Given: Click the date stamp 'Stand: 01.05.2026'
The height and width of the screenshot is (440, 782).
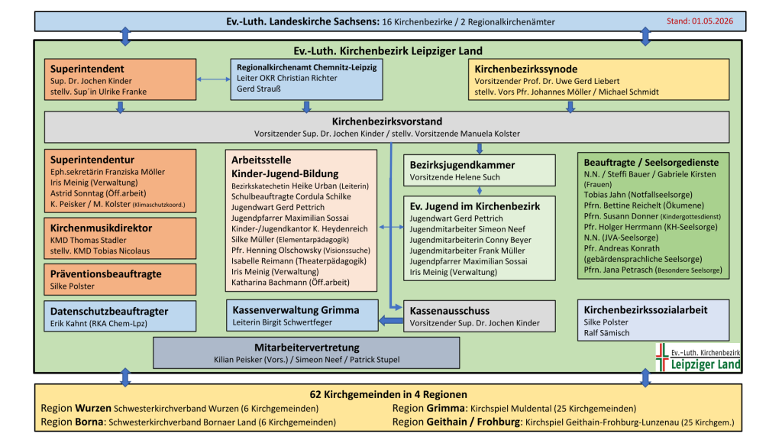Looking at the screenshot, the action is click(700, 21).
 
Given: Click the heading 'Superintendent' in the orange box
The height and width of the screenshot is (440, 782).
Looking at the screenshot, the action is click(87, 69).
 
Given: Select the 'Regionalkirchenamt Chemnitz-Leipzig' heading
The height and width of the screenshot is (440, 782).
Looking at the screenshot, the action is click(307, 67).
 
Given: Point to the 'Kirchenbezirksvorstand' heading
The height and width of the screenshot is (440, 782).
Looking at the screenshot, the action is click(387, 121).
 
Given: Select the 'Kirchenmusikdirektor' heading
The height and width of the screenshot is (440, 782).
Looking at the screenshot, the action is click(102, 228).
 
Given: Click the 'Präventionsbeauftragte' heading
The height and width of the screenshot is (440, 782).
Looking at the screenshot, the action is click(105, 274).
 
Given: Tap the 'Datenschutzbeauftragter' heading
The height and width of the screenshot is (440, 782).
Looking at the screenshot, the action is click(109, 312).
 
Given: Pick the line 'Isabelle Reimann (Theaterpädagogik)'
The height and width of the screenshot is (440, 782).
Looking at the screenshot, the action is click(299, 261).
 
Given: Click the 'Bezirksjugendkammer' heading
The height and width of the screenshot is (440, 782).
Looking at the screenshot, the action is click(462, 165).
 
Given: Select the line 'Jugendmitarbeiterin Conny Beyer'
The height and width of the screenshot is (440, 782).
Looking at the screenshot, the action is click(470, 240).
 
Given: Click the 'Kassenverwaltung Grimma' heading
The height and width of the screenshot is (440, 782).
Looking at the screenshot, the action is click(296, 310).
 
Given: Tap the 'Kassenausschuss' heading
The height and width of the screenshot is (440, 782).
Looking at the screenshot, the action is click(450, 311).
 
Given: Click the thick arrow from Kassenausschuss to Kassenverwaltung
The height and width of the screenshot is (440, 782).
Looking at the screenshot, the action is click(391, 321).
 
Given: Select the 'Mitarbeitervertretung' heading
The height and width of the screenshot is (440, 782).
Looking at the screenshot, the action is click(307, 348).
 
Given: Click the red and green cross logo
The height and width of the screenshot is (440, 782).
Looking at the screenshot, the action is click(662, 357).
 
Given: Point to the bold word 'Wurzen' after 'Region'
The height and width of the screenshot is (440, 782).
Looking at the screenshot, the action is click(93, 408).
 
